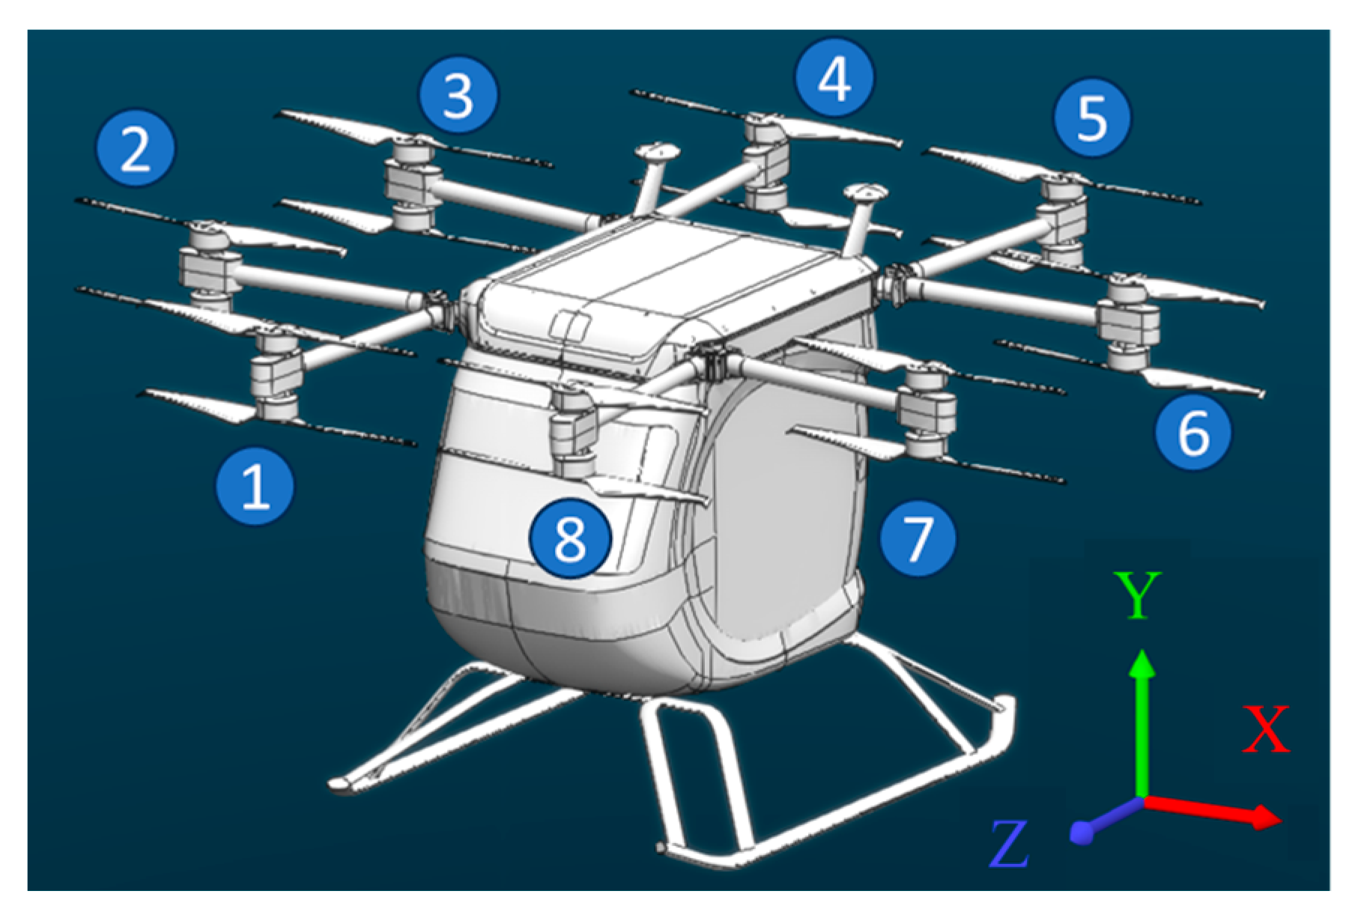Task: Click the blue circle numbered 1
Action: click(x=255, y=486)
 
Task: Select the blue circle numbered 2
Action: click(x=136, y=148)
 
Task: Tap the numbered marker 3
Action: click(x=458, y=95)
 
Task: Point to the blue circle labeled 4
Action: click(x=834, y=78)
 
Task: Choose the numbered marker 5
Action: click(x=1091, y=118)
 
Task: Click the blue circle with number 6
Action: click(x=1192, y=432)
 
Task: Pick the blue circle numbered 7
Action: click(x=918, y=537)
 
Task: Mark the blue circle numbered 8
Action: click(x=569, y=538)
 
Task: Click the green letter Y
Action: click(x=1137, y=595)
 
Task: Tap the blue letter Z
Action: click(x=1010, y=844)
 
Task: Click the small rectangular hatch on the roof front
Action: click(x=569, y=326)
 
